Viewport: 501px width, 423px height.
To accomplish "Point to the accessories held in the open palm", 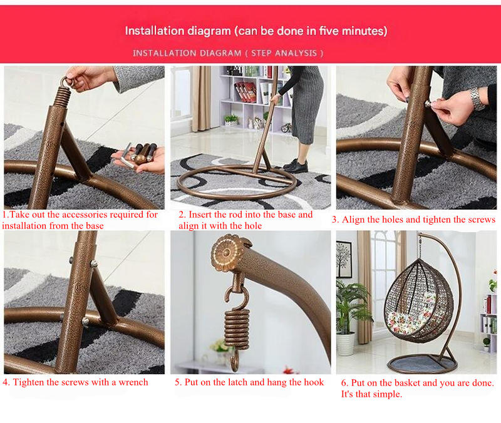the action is pos(140,155).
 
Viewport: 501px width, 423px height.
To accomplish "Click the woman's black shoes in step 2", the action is pos(296,166).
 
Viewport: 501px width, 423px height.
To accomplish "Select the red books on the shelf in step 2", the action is pos(245,91).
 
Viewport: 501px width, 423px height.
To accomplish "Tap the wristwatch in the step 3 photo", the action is pos(477,99).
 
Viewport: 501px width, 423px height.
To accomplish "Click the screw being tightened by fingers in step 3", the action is pos(427,104).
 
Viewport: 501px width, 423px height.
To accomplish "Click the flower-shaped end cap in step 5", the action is pos(227,253).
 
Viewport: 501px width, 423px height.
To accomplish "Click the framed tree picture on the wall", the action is pos(344,259).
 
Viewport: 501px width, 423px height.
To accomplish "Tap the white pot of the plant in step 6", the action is pos(346,344).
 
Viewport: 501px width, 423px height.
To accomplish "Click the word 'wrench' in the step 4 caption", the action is pos(133,382).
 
